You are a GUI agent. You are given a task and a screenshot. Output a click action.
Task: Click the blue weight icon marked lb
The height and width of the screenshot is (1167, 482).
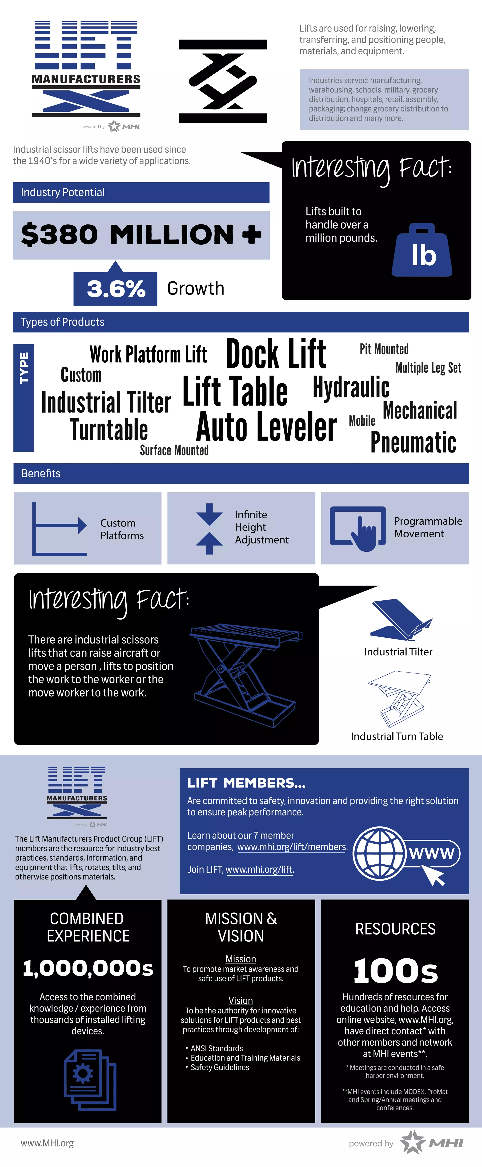422,251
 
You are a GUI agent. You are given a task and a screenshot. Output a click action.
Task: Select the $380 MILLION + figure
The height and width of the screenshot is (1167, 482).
141,235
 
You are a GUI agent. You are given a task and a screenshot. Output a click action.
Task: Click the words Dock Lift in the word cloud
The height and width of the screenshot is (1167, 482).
276,354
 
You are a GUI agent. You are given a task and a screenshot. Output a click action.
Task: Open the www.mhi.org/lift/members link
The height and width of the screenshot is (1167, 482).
292,847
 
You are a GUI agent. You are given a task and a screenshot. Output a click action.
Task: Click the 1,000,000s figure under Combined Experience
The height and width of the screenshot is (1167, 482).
88,968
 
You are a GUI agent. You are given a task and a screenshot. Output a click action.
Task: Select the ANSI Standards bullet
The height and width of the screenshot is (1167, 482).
217,1048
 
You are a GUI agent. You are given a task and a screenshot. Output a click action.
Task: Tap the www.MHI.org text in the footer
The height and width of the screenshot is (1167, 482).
47,1143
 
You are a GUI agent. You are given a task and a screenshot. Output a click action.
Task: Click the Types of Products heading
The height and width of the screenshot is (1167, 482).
63,322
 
